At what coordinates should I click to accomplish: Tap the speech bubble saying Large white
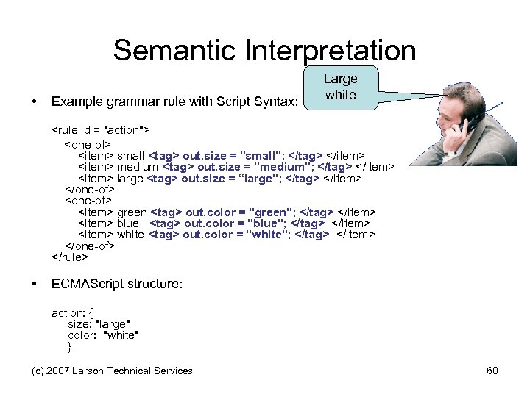click(340, 87)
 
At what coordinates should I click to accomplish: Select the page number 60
click(492, 371)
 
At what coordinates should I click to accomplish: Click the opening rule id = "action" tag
click(100, 130)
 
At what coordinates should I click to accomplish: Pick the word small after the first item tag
click(131, 155)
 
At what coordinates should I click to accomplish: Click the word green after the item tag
click(132, 212)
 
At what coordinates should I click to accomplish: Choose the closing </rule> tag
click(69, 257)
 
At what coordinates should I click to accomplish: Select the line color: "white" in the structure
click(103, 335)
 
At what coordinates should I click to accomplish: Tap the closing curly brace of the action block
click(70, 346)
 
